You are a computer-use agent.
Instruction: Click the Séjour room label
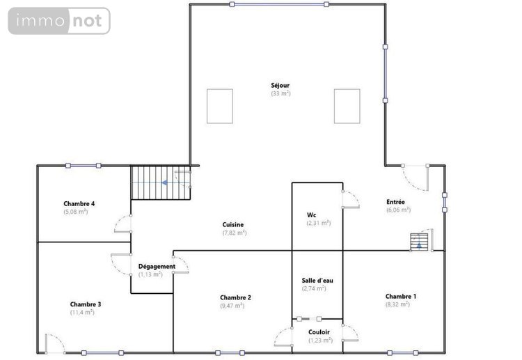[280, 86]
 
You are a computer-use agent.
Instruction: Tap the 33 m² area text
[280, 93]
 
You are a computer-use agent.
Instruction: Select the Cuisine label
[232, 224]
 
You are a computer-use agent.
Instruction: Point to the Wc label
[312, 215]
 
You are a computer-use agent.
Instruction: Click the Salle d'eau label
[317, 281]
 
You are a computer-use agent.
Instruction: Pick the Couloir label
[319, 332]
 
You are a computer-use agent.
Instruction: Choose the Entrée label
[396, 203]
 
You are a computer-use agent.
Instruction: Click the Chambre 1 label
[401, 297]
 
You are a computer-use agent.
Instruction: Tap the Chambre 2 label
[235, 297]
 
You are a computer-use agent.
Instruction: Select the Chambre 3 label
[86, 304]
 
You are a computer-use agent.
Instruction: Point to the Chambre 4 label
[79, 203]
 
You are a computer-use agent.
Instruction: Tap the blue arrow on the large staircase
[164, 183]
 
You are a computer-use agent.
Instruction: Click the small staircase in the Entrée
[420, 240]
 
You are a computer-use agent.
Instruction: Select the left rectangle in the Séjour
[220, 106]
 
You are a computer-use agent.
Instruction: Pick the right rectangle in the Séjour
[347, 106]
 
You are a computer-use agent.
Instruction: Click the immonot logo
[59, 21]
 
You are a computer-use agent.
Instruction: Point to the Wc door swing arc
[349, 199]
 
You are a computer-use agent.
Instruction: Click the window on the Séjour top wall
[280, 4]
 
